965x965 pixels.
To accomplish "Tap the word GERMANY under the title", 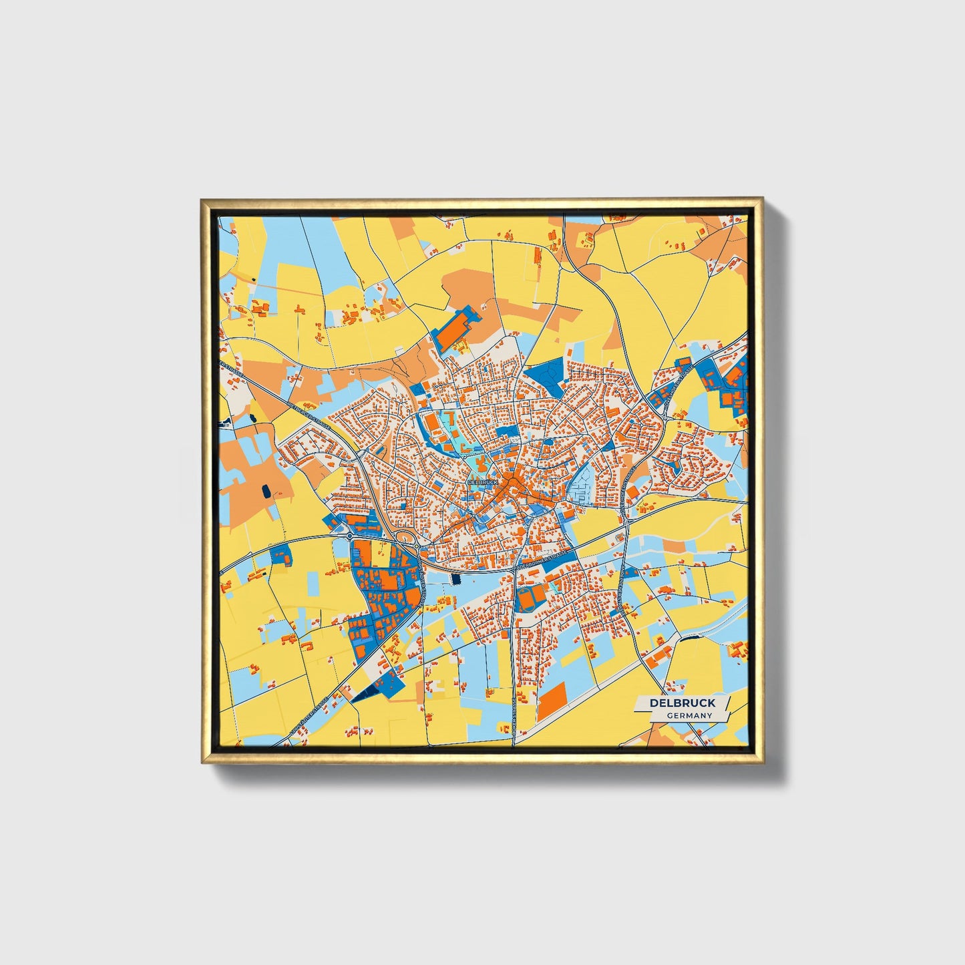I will (x=689, y=715).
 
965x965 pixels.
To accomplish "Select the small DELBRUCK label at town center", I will (x=483, y=481).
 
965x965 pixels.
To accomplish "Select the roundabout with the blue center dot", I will (x=349, y=536).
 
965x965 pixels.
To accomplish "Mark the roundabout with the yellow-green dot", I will (x=417, y=547).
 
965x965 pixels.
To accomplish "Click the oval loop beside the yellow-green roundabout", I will (x=402, y=538).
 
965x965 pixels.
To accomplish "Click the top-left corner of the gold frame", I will (x=202, y=199).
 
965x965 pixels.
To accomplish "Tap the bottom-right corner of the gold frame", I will (x=762, y=762).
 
